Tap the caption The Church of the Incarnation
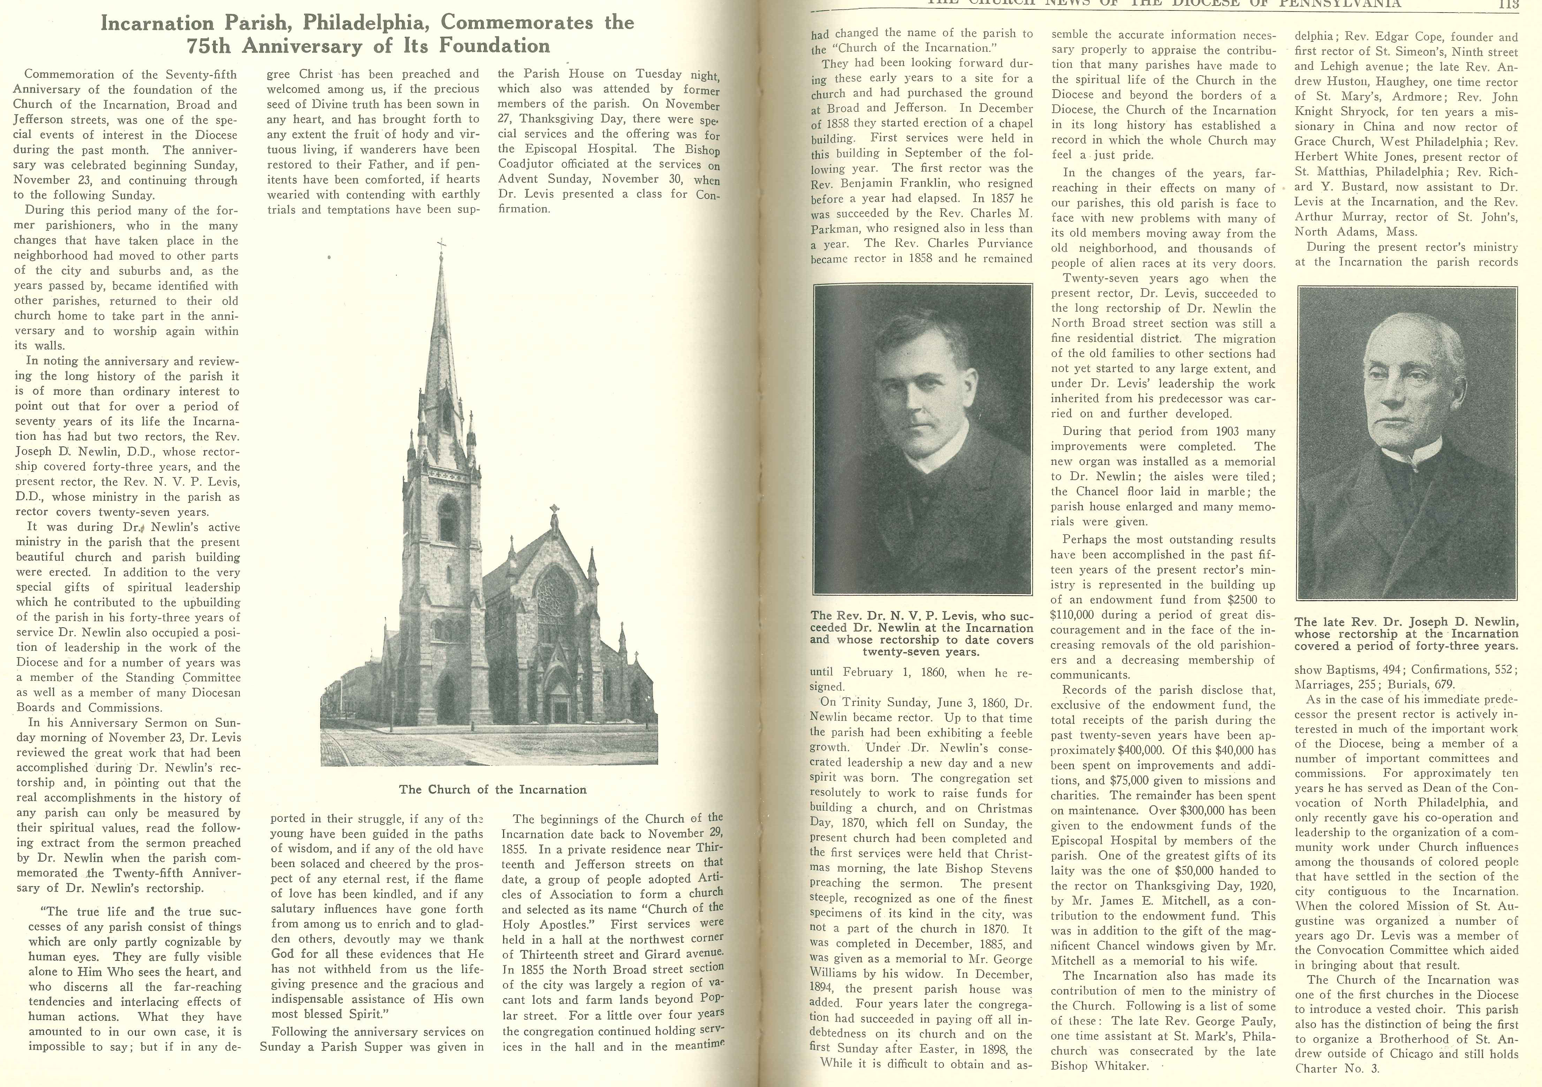(x=492, y=790)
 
